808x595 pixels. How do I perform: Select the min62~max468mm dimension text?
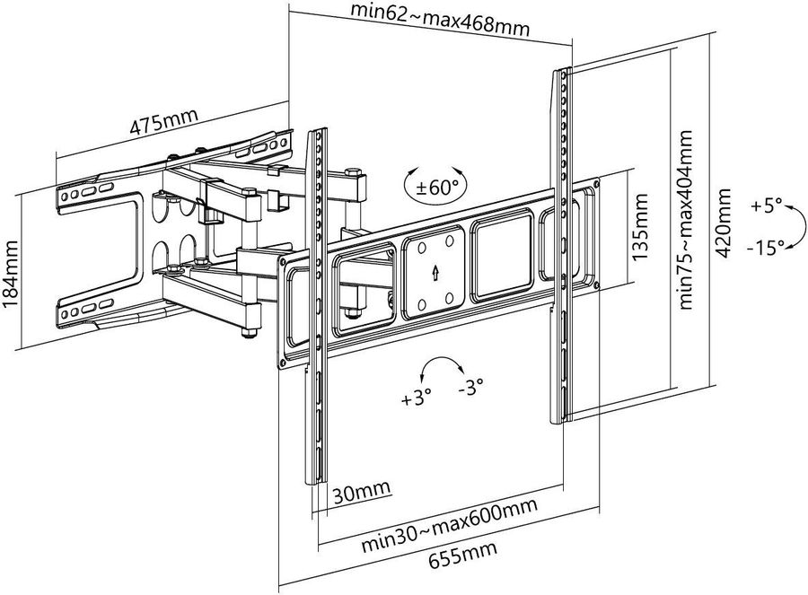440,20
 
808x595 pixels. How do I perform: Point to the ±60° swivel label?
436,188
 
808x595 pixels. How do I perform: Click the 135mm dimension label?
639,227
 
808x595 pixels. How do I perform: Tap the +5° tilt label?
766,206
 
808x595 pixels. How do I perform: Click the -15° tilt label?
765,248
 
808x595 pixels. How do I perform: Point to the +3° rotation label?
416,398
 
